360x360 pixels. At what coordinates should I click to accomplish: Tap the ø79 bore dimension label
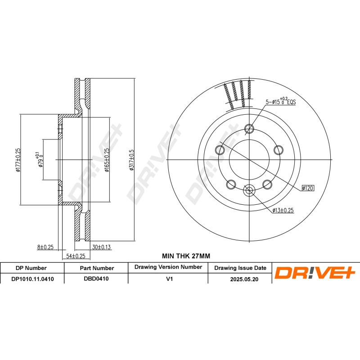click(x=40, y=160)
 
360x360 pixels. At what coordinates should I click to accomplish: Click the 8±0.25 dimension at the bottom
click(x=45, y=247)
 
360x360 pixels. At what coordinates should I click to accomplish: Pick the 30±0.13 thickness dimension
click(x=102, y=247)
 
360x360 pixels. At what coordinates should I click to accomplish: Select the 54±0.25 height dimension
click(x=76, y=256)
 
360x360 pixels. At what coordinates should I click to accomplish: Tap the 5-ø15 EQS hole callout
click(x=280, y=102)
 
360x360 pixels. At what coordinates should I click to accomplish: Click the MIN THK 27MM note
click(x=186, y=256)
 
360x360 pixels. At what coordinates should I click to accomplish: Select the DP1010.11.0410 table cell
click(x=32, y=279)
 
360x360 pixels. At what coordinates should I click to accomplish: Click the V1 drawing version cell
click(x=169, y=279)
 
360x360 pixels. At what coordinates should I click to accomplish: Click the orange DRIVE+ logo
click(x=315, y=272)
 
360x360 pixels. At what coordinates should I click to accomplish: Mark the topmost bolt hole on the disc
click(x=249, y=130)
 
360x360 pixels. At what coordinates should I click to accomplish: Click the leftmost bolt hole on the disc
click(x=220, y=149)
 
